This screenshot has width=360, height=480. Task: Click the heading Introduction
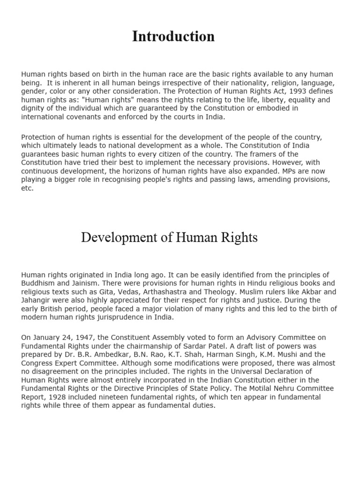[173, 37]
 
